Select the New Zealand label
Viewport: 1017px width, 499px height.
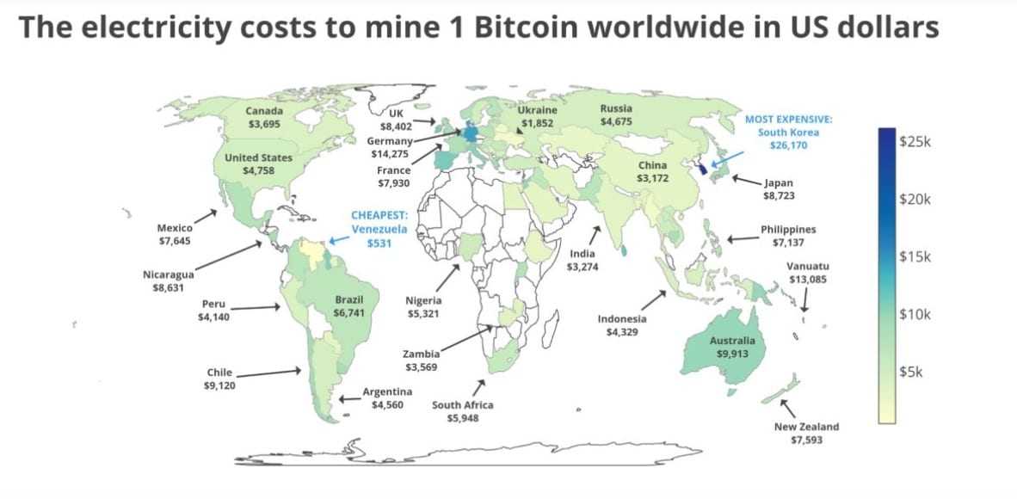(806, 427)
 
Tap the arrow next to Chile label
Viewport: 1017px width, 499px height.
(268, 373)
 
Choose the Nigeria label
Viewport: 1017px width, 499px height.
(423, 300)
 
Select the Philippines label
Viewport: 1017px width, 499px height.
(788, 230)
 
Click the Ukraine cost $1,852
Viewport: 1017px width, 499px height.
(537, 124)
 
